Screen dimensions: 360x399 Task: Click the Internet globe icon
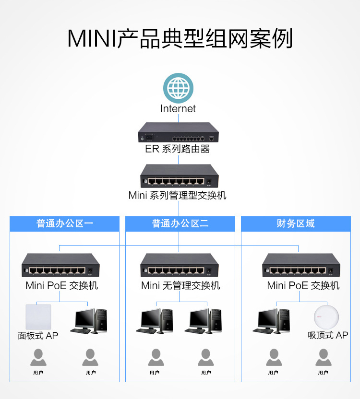point(179,88)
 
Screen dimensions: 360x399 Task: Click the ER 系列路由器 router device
point(179,132)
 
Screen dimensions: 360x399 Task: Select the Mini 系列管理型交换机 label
point(177,196)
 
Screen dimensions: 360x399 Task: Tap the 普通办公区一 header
point(64,223)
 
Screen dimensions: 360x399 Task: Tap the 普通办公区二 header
point(180,223)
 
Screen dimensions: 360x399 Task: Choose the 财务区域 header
point(296,223)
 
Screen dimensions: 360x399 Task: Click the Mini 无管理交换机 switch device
point(180,265)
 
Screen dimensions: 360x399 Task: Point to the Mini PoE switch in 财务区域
point(301,265)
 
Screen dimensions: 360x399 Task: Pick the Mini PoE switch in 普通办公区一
point(60,265)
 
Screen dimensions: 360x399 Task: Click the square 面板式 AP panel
point(38,317)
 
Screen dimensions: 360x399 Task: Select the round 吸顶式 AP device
point(326,317)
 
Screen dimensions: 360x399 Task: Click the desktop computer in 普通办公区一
point(89,321)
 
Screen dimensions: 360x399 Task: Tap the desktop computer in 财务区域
point(271,321)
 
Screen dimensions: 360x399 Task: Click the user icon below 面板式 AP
point(38,358)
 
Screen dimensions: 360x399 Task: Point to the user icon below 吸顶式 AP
point(324,358)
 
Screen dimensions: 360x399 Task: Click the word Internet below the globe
point(178,109)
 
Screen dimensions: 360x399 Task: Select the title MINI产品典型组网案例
point(180,39)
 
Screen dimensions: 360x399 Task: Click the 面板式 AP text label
point(38,336)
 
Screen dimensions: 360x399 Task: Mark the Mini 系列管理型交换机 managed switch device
point(180,176)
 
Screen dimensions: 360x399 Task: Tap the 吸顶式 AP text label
point(328,335)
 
